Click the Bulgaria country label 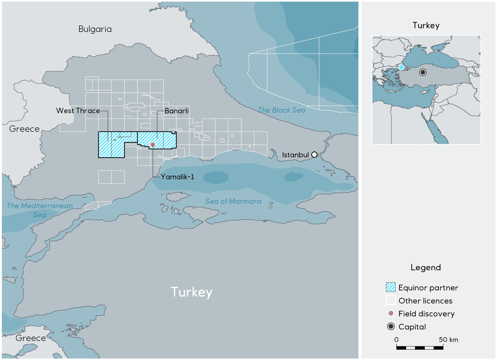95,29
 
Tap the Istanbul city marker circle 314,155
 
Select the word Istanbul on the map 295,155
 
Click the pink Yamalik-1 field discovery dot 153,145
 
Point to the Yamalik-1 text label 177,177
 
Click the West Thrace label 78,111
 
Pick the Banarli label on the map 176,111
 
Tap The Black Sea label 281,110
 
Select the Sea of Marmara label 233,201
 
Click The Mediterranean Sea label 40,210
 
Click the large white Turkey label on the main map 192,292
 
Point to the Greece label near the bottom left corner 31,338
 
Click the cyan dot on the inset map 401,67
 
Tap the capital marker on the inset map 423,72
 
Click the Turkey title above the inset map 426,25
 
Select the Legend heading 426,267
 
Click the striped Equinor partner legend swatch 391,287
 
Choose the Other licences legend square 391,301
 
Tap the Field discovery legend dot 391,314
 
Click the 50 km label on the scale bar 448,339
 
